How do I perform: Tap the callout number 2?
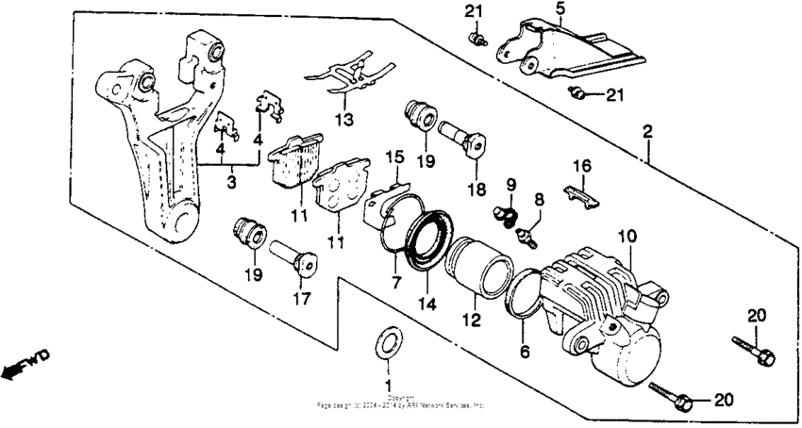646,132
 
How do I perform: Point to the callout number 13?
345,120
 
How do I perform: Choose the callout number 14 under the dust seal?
429,305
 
